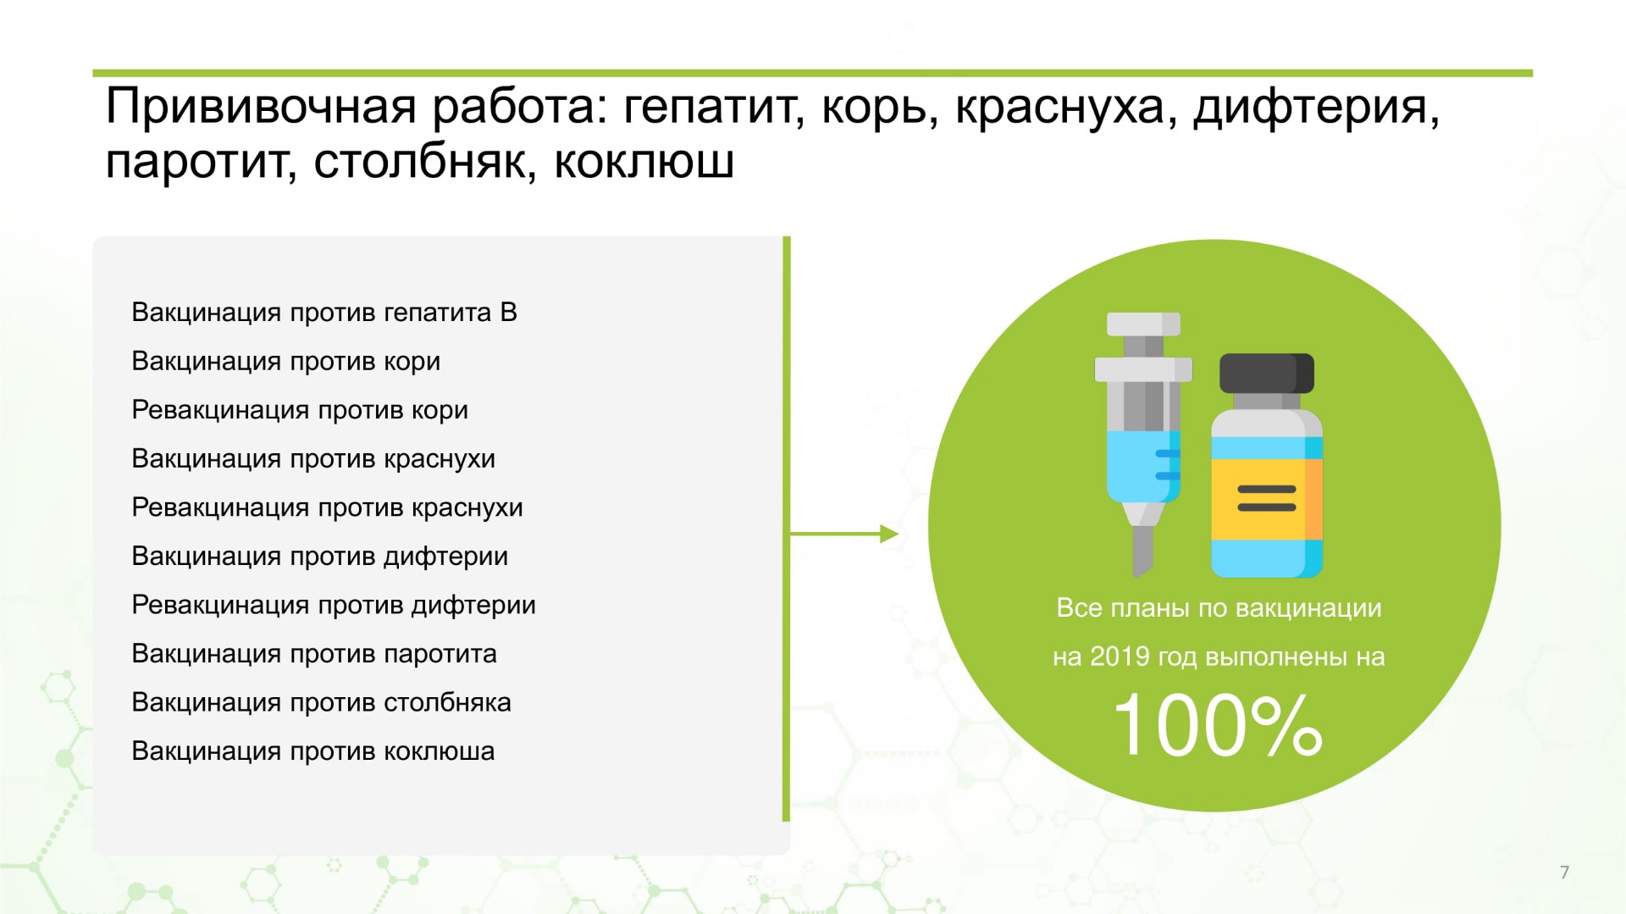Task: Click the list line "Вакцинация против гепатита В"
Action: (324, 313)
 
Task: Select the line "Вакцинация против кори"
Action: (286, 362)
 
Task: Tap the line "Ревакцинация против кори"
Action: (300, 410)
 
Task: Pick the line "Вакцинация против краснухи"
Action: (313, 459)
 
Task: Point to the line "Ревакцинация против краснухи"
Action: (328, 507)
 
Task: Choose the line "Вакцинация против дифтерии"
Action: (320, 557)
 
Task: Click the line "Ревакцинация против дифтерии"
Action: (334, 605)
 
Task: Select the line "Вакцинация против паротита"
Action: (314, 654)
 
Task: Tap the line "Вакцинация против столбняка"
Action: (322, 702)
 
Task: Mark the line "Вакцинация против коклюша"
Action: (313, 751)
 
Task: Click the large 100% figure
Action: (1218, 726)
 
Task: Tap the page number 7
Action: (1564, 872)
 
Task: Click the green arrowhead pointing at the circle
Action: (889, 534)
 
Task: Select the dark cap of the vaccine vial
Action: (1267, 374)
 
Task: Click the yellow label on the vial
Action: (1266, 499)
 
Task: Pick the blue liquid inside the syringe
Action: (1143, 465)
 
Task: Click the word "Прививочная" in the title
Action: (261, 108)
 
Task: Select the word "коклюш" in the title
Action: (644, 161)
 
